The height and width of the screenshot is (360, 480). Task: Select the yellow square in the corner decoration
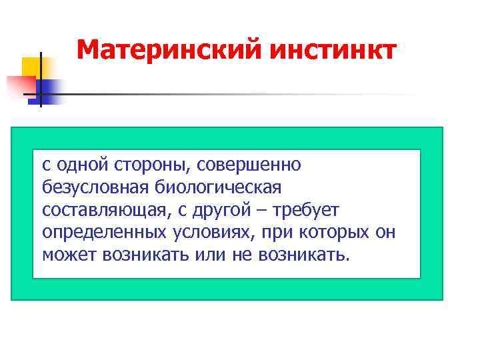coord(32,67)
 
